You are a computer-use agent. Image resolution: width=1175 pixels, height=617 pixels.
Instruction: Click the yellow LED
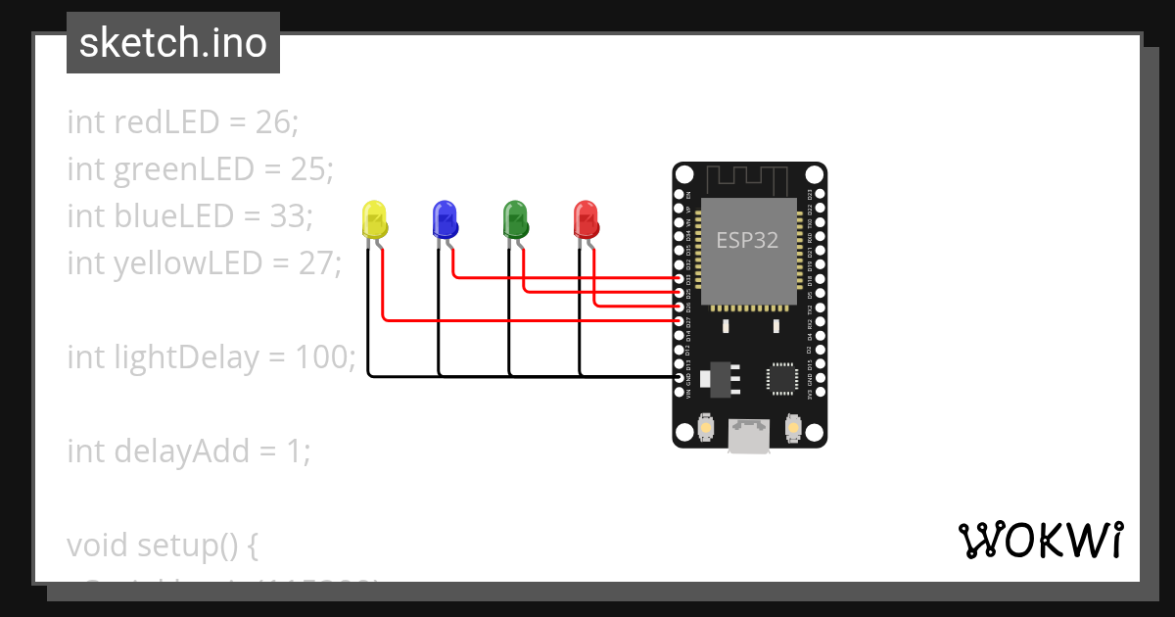(x=374, y=218)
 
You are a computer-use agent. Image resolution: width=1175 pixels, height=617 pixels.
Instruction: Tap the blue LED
(x=445, y=218)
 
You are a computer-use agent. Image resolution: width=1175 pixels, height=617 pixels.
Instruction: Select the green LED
(x=515, y=218)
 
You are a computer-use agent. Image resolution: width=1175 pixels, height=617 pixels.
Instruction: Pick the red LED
(x=586, y=218)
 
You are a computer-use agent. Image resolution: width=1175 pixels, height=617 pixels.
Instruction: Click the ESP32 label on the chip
(x=747, y=240)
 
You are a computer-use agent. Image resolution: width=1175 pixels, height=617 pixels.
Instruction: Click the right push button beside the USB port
(x=792, y=428)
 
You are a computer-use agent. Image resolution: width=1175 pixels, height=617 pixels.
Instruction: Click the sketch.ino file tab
(x=173, y=43)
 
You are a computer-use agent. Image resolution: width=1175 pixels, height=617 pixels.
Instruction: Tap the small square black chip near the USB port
(x=782, y=379)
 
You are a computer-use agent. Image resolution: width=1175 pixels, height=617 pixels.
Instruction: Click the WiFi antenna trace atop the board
(x=748, y=179)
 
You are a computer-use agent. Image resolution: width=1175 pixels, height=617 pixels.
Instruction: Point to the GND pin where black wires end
(x=681, y=376)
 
